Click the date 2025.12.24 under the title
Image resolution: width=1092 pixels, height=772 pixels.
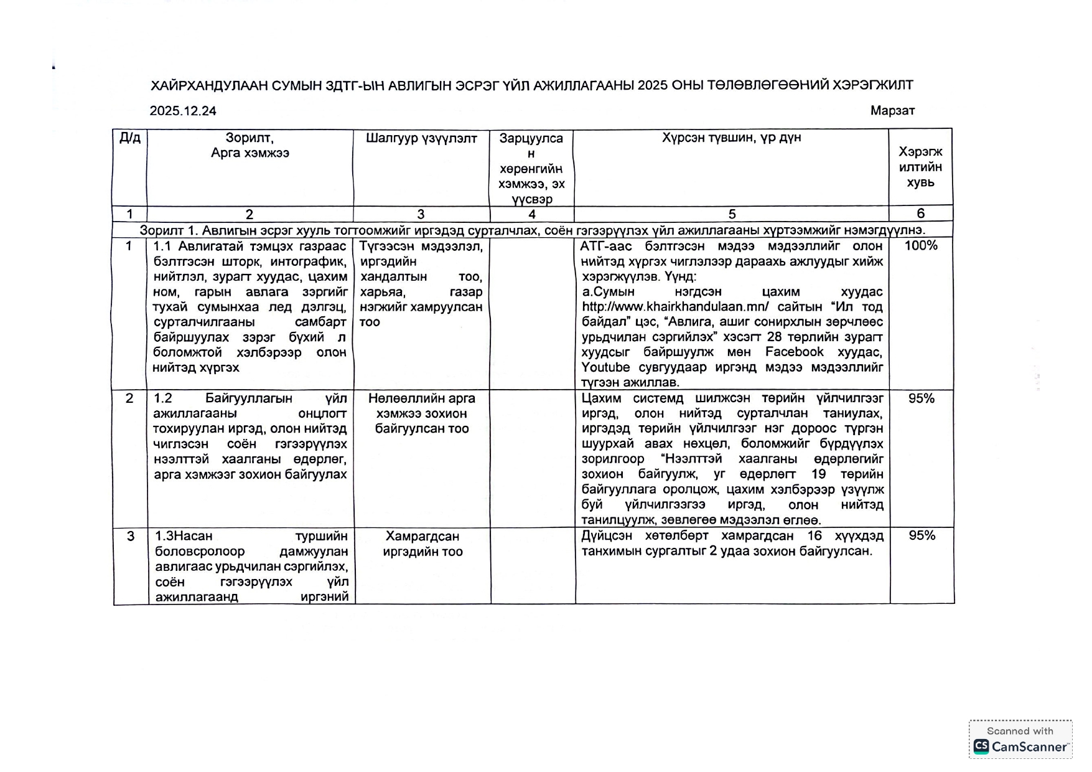(183, 111)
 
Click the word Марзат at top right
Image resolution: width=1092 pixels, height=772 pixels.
(892, 111)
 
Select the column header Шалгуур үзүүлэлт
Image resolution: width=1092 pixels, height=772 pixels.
(421, 138)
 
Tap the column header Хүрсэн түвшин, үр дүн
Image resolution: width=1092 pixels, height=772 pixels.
(731, 138)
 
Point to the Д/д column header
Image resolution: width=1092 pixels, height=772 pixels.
(129, 138)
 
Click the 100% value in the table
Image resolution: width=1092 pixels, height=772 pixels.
(921, 245)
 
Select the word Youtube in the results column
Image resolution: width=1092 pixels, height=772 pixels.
(605, 367)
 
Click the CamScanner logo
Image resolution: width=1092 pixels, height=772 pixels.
(1020, 746)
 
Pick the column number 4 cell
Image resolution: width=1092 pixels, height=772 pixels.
(531, 214)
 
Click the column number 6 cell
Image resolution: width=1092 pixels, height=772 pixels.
(920, 214)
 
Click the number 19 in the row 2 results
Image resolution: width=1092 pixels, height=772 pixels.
(818, 474)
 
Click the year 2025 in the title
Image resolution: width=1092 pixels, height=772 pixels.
(652, 85)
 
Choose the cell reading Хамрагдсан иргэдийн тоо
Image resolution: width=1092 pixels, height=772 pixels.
(422, 544)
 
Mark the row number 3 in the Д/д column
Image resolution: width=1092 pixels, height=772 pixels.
(130, 536)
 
